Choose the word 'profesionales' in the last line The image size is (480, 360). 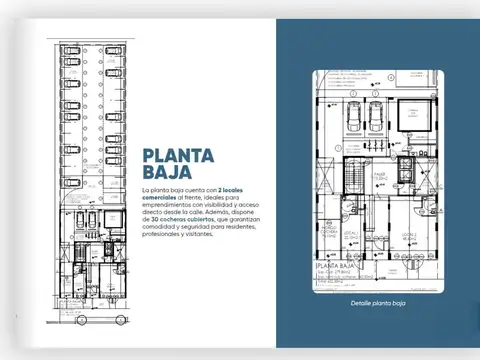coord(163,241)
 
